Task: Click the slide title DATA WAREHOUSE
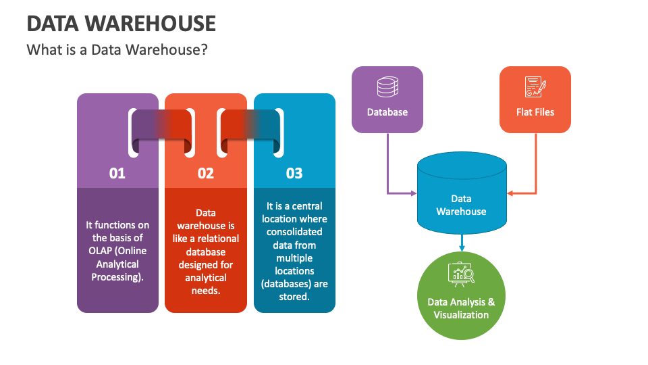[x=122, y=24]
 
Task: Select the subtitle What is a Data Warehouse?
[x=116, y=50]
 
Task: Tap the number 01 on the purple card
[x=117, y=174]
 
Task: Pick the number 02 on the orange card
[x=206, y=174]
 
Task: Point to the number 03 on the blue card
[x=294, y=174]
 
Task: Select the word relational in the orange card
[x=216, y=239]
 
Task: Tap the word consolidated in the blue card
[x=294, y=232]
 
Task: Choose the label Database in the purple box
[x=387, y=112]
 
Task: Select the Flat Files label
[x=535, y=112]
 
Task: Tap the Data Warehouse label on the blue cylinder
[x=461, y=205]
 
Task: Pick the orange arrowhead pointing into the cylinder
[x=510, y=194]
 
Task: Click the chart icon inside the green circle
[x=462, y=274]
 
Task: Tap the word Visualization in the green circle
[x=462, y=314]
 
